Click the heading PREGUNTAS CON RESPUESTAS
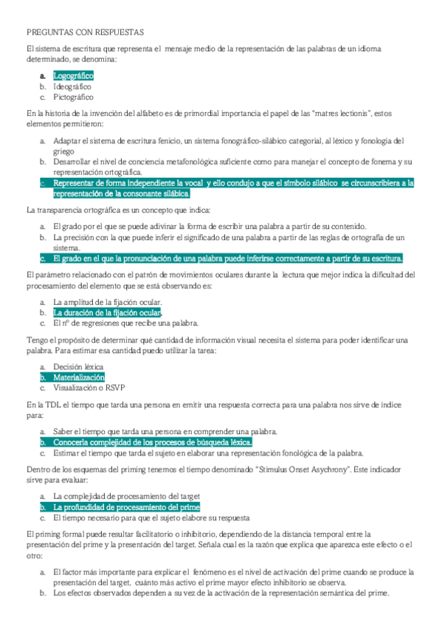[x=85, y=32]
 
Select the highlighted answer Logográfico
[x=74, y=76]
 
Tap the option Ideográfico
[x=72, y=86]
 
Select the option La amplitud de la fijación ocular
[x=108, y=303]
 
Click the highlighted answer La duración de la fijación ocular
[x=108, y=313]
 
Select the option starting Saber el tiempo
[x=165, y=432]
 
